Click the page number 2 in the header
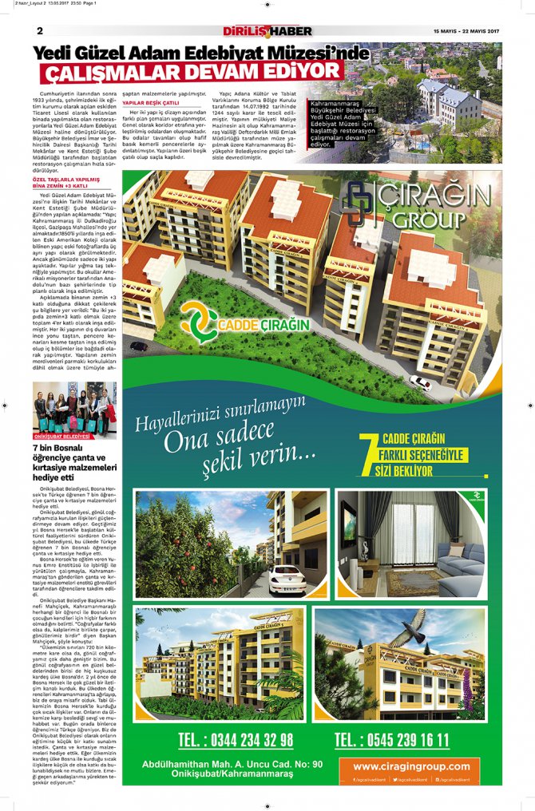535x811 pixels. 39,31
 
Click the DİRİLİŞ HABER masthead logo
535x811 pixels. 267,31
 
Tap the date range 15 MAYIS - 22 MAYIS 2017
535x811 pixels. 467,31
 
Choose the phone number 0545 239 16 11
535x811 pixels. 391,739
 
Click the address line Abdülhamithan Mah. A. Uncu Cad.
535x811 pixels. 232,765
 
